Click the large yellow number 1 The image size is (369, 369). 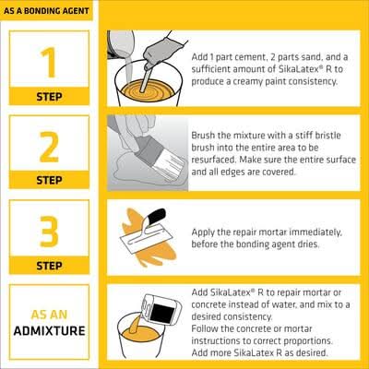pyautogui.click(x=49, y=63)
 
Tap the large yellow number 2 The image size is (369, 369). pyautogui.click(x=49, y=147)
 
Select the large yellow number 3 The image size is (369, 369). pyautogui.click(x=49, y=232)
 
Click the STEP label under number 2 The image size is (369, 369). pyautogui.click(x=49, y=180)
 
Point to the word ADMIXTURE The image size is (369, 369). pyautogui.click(x=49, y=331)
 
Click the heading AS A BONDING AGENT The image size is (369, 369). pyautogui.click(x=46, y=11)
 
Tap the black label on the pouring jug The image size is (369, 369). pyautogui.click(x=162, y=313)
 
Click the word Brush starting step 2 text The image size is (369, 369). pyautogui.click(x=203, y=136)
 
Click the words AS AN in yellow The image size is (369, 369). pyautogui.click(x=49, y=315)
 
